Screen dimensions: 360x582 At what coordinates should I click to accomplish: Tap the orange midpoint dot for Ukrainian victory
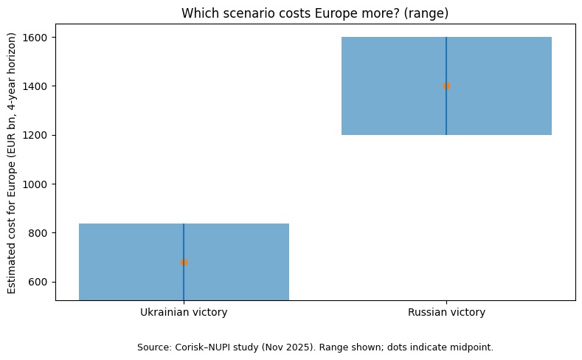(184, 262)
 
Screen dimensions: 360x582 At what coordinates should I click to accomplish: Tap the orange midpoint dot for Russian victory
(446, 86)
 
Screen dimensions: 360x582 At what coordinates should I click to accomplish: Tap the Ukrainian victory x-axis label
(184, 313)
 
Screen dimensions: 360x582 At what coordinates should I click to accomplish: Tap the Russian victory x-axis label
(446, 313)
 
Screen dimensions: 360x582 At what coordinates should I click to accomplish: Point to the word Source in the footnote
(153, 347)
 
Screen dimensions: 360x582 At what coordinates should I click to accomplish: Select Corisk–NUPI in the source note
(202, 347)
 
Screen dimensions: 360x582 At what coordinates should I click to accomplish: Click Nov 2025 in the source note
(281, 347)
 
